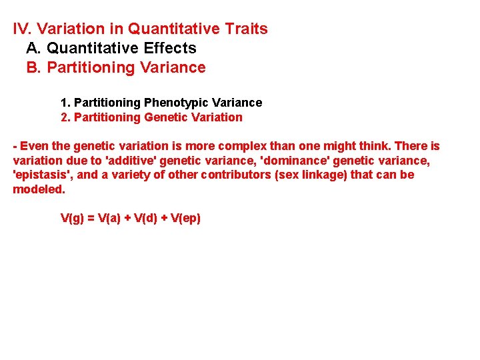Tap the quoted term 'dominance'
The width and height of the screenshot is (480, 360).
click(x=297, y=161)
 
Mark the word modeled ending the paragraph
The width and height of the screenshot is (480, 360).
click(x=38, y=189)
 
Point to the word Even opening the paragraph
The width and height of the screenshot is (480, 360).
click(x=34, y=146)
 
